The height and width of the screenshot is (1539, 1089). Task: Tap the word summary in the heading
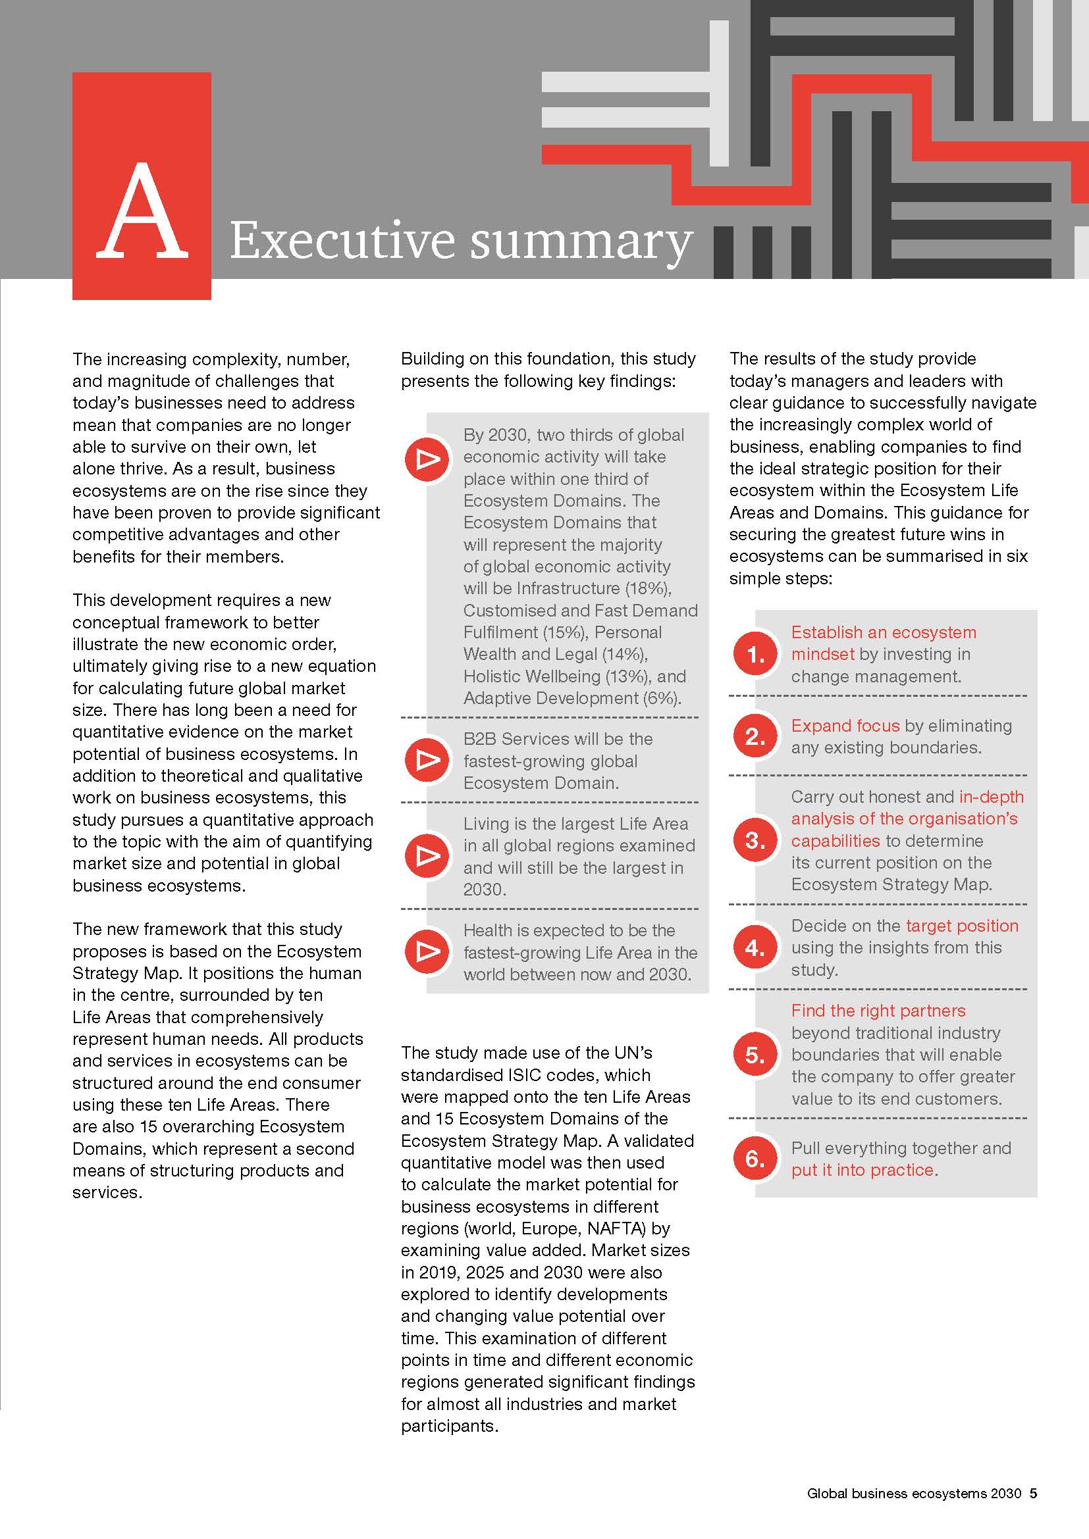581,243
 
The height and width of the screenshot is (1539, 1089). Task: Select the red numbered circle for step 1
755,654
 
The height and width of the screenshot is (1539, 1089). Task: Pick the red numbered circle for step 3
755,840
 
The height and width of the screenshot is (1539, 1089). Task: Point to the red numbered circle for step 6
755,1158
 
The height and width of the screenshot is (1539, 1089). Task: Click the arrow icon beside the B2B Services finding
427,760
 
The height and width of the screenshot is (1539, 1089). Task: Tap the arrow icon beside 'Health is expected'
427,952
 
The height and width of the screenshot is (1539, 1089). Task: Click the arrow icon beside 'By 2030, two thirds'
427,459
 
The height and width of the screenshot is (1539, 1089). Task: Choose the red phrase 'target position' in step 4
961,926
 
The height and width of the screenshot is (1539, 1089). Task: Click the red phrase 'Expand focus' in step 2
845,725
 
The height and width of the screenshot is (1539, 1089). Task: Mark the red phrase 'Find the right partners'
878,1010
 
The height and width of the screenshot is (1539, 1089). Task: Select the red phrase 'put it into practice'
863,1170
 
